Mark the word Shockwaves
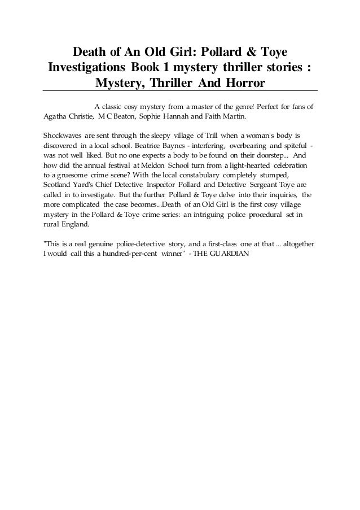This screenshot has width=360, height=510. click(63, 136)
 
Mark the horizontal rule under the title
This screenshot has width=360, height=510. click(180, 91)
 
